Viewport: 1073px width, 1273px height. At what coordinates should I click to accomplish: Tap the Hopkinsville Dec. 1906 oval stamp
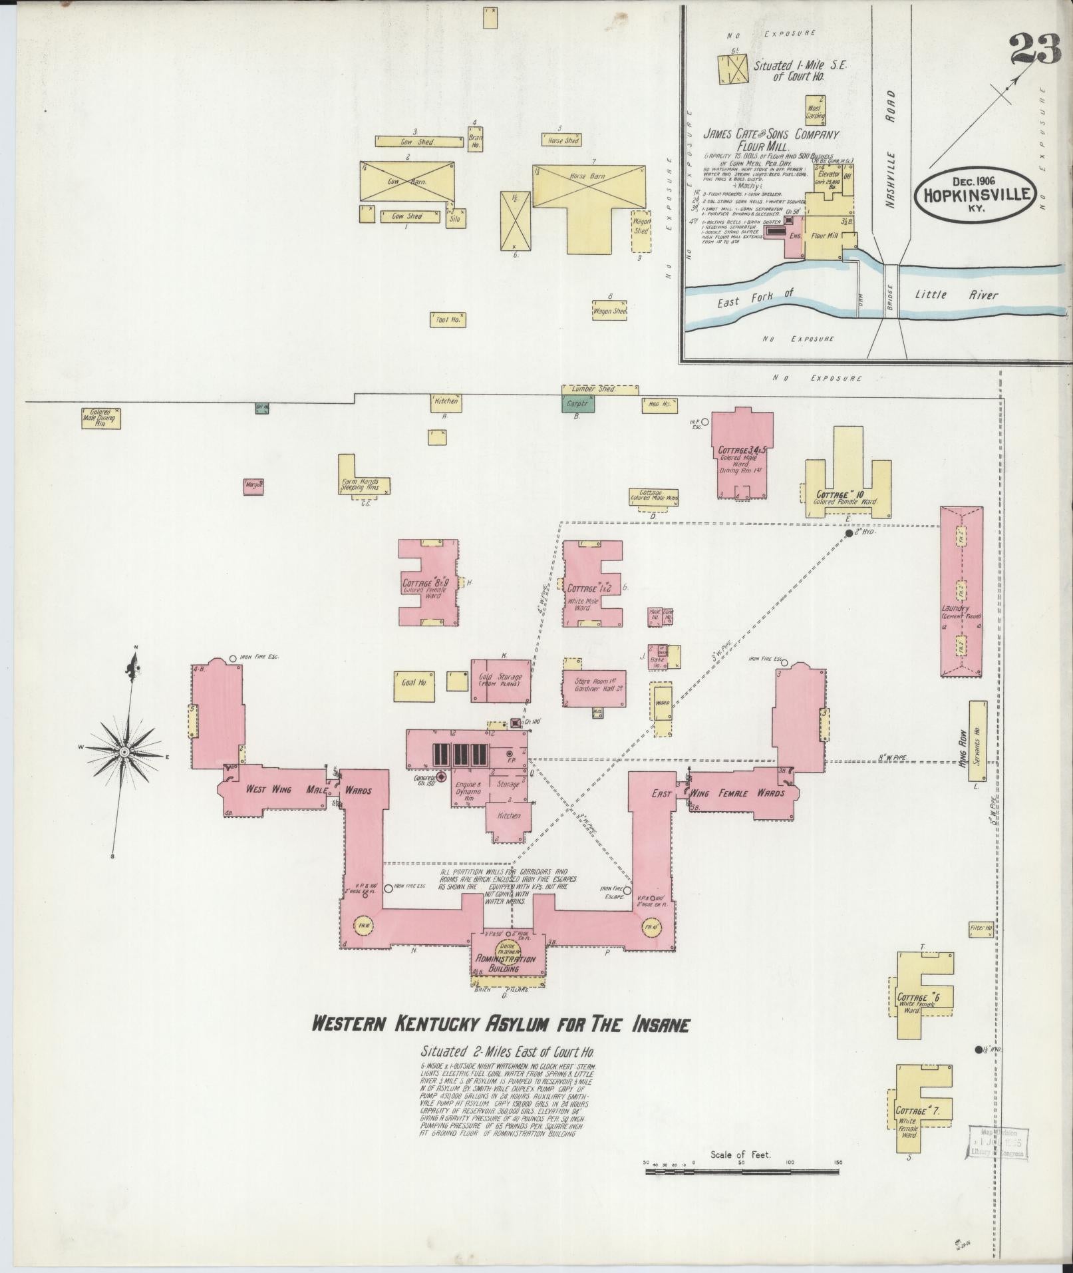(976, 193)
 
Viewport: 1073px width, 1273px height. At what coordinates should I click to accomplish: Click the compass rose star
(124, 751)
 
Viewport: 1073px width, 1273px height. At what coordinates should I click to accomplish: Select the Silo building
(454, 217)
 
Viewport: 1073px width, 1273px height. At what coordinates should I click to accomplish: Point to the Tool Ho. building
(448, 319)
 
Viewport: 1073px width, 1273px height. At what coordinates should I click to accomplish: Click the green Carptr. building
(574, 403)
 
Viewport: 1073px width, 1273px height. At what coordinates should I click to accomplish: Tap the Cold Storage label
(500, 680)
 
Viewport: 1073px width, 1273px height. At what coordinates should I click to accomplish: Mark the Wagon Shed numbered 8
(610, 311)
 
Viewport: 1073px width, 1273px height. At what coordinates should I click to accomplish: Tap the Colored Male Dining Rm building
(100, 418)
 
